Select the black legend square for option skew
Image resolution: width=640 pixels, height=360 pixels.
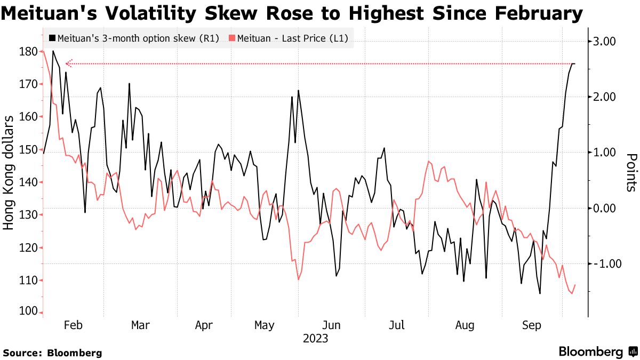(x=52, y=38)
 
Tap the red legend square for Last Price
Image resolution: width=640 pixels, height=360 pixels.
(x=231, y=38)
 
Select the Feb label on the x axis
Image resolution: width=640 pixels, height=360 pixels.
(x=73, y=325)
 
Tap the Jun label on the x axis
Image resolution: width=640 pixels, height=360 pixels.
(x=332, y=325)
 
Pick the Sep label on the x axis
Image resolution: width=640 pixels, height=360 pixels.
(x=532, y=325)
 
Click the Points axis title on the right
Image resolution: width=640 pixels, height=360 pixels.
(x=631, y=172)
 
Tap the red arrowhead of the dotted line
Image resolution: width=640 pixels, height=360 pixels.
(x=67, y=64)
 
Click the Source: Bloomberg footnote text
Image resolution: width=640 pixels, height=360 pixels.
(x=52, y=353)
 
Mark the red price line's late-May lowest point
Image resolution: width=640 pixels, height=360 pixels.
(x=298, y=279)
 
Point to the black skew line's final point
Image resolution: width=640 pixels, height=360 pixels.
(x=574, y=64)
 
